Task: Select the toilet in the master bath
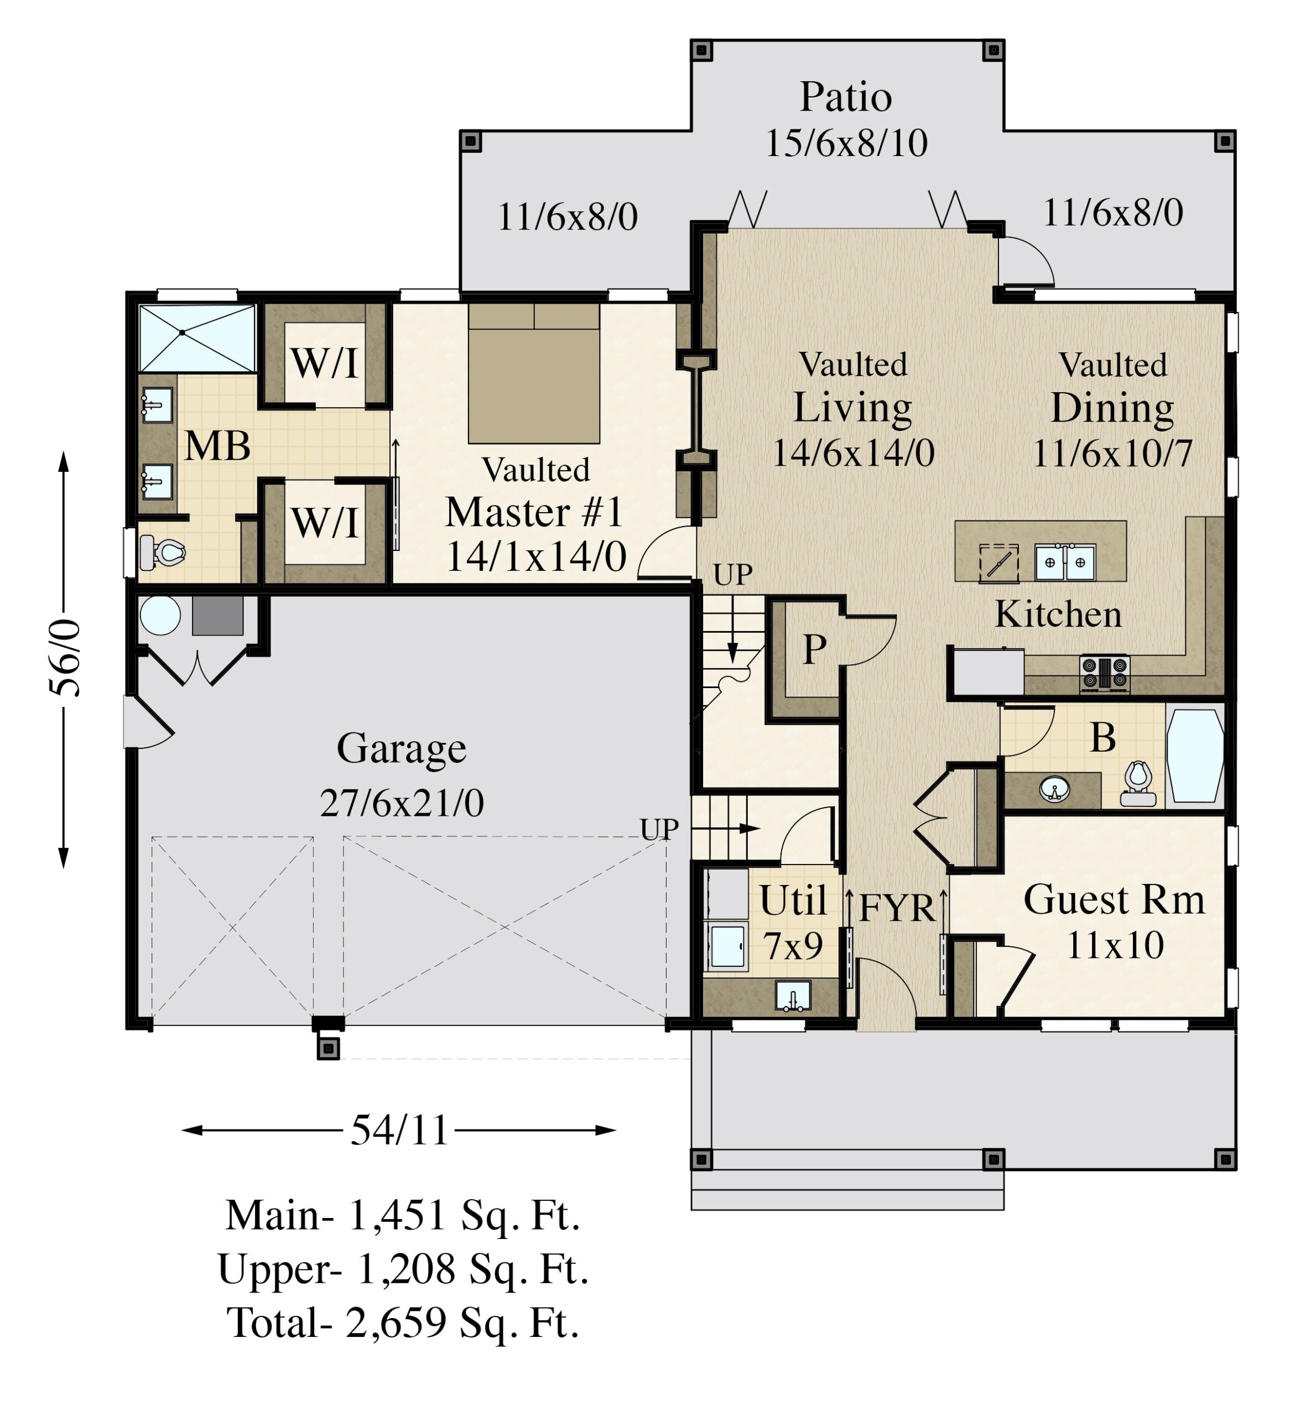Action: (163, 553)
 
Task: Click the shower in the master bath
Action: (197, 337)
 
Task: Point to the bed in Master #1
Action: (533, 374)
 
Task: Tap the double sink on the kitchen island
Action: (1064, 563)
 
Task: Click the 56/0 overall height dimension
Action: (65, 658)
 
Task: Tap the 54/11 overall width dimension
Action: (399, 1130)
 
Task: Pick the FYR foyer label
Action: (897, 908)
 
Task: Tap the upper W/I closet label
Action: (324, 363)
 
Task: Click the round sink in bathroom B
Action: (1054, 789)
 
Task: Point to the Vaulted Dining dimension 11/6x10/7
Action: (1112, 454)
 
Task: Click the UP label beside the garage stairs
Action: (658, 830)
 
